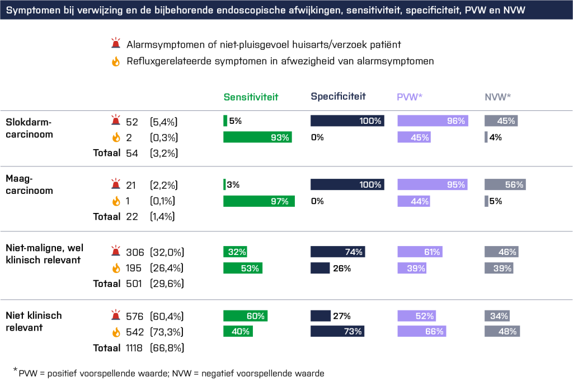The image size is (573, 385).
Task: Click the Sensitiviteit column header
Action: (x=251, y=96)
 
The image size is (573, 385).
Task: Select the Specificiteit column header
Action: (x=338, y=96)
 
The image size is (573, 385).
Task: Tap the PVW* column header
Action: (x=409, y=96)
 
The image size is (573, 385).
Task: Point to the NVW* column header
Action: (x=497, y=96)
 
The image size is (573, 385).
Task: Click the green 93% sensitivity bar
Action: (x=257, y=137)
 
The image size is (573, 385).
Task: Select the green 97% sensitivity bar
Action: (x=259, y=201)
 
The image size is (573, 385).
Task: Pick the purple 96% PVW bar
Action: (x=433, y=120)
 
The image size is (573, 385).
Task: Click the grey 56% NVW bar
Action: (x=505, y=184)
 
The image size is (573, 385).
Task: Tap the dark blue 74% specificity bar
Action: (x=337, y=252)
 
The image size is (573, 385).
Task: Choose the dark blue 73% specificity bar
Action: (x=337, y=331)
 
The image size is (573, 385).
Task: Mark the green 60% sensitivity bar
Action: (x=245, y=316)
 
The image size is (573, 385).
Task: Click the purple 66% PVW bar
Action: (x=422, y=331)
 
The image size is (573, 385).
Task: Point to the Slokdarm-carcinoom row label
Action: (x=28, y=128)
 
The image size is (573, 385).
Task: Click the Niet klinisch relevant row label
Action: (x=34, y=321)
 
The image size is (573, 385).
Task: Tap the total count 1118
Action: (x=133, y=347)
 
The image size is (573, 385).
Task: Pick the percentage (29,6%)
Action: (x=167, y=284)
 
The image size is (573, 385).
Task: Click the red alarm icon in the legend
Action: (x=116, y=44)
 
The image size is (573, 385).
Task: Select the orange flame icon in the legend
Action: (x=116, y=62)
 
